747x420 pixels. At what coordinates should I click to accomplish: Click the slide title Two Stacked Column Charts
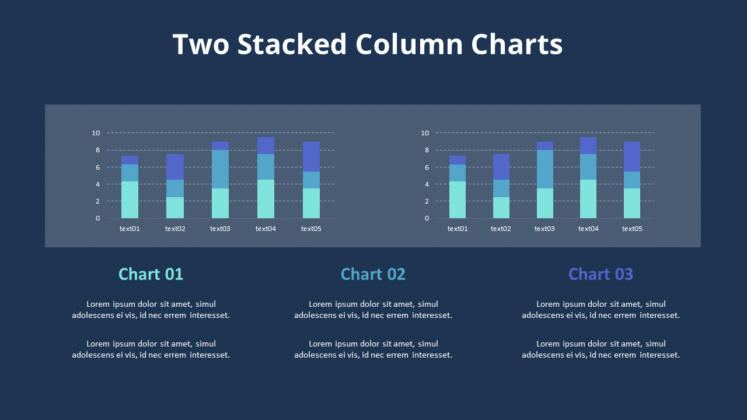(x=368, y=45)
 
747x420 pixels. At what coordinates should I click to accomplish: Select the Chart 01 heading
(x=151, y=274)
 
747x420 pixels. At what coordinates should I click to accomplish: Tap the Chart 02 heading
(x=373, y=274)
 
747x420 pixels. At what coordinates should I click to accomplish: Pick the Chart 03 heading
(x=601, y=274)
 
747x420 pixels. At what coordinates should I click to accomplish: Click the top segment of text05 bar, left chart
(x=311, y=156)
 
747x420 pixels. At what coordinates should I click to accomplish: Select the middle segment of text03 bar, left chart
(x=220, y=169)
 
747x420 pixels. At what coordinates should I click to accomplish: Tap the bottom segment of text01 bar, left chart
(x=130, y=199)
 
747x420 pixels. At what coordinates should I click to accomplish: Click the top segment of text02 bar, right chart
(x=501, y=167)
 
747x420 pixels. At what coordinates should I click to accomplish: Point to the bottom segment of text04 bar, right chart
(x=588, y=199)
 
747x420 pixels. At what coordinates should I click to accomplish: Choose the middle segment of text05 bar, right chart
(x=632, y=180)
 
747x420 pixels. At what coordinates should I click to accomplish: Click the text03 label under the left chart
(x=220, y=229)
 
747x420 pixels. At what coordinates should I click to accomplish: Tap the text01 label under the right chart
(x=458, y=229)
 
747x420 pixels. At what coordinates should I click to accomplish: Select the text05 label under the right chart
(x=632, y=229)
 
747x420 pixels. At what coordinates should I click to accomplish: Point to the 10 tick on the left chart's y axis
(x=96, y=133)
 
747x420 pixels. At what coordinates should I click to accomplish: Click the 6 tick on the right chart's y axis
(x=425, y=167)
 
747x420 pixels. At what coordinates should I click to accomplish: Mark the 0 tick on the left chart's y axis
(x=97, y=218)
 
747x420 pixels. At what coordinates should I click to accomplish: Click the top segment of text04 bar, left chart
(x=266, y=145)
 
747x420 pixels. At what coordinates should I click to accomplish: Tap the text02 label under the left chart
(x=175, y=229)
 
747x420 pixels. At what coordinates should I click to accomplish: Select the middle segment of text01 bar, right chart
(x=458, y=173)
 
